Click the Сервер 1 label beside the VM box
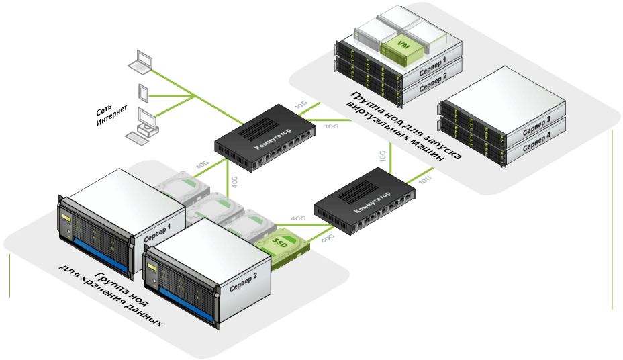433,64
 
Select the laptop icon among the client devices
141,61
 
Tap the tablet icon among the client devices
143,92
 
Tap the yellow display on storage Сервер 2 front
152,268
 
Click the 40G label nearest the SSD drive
328,238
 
